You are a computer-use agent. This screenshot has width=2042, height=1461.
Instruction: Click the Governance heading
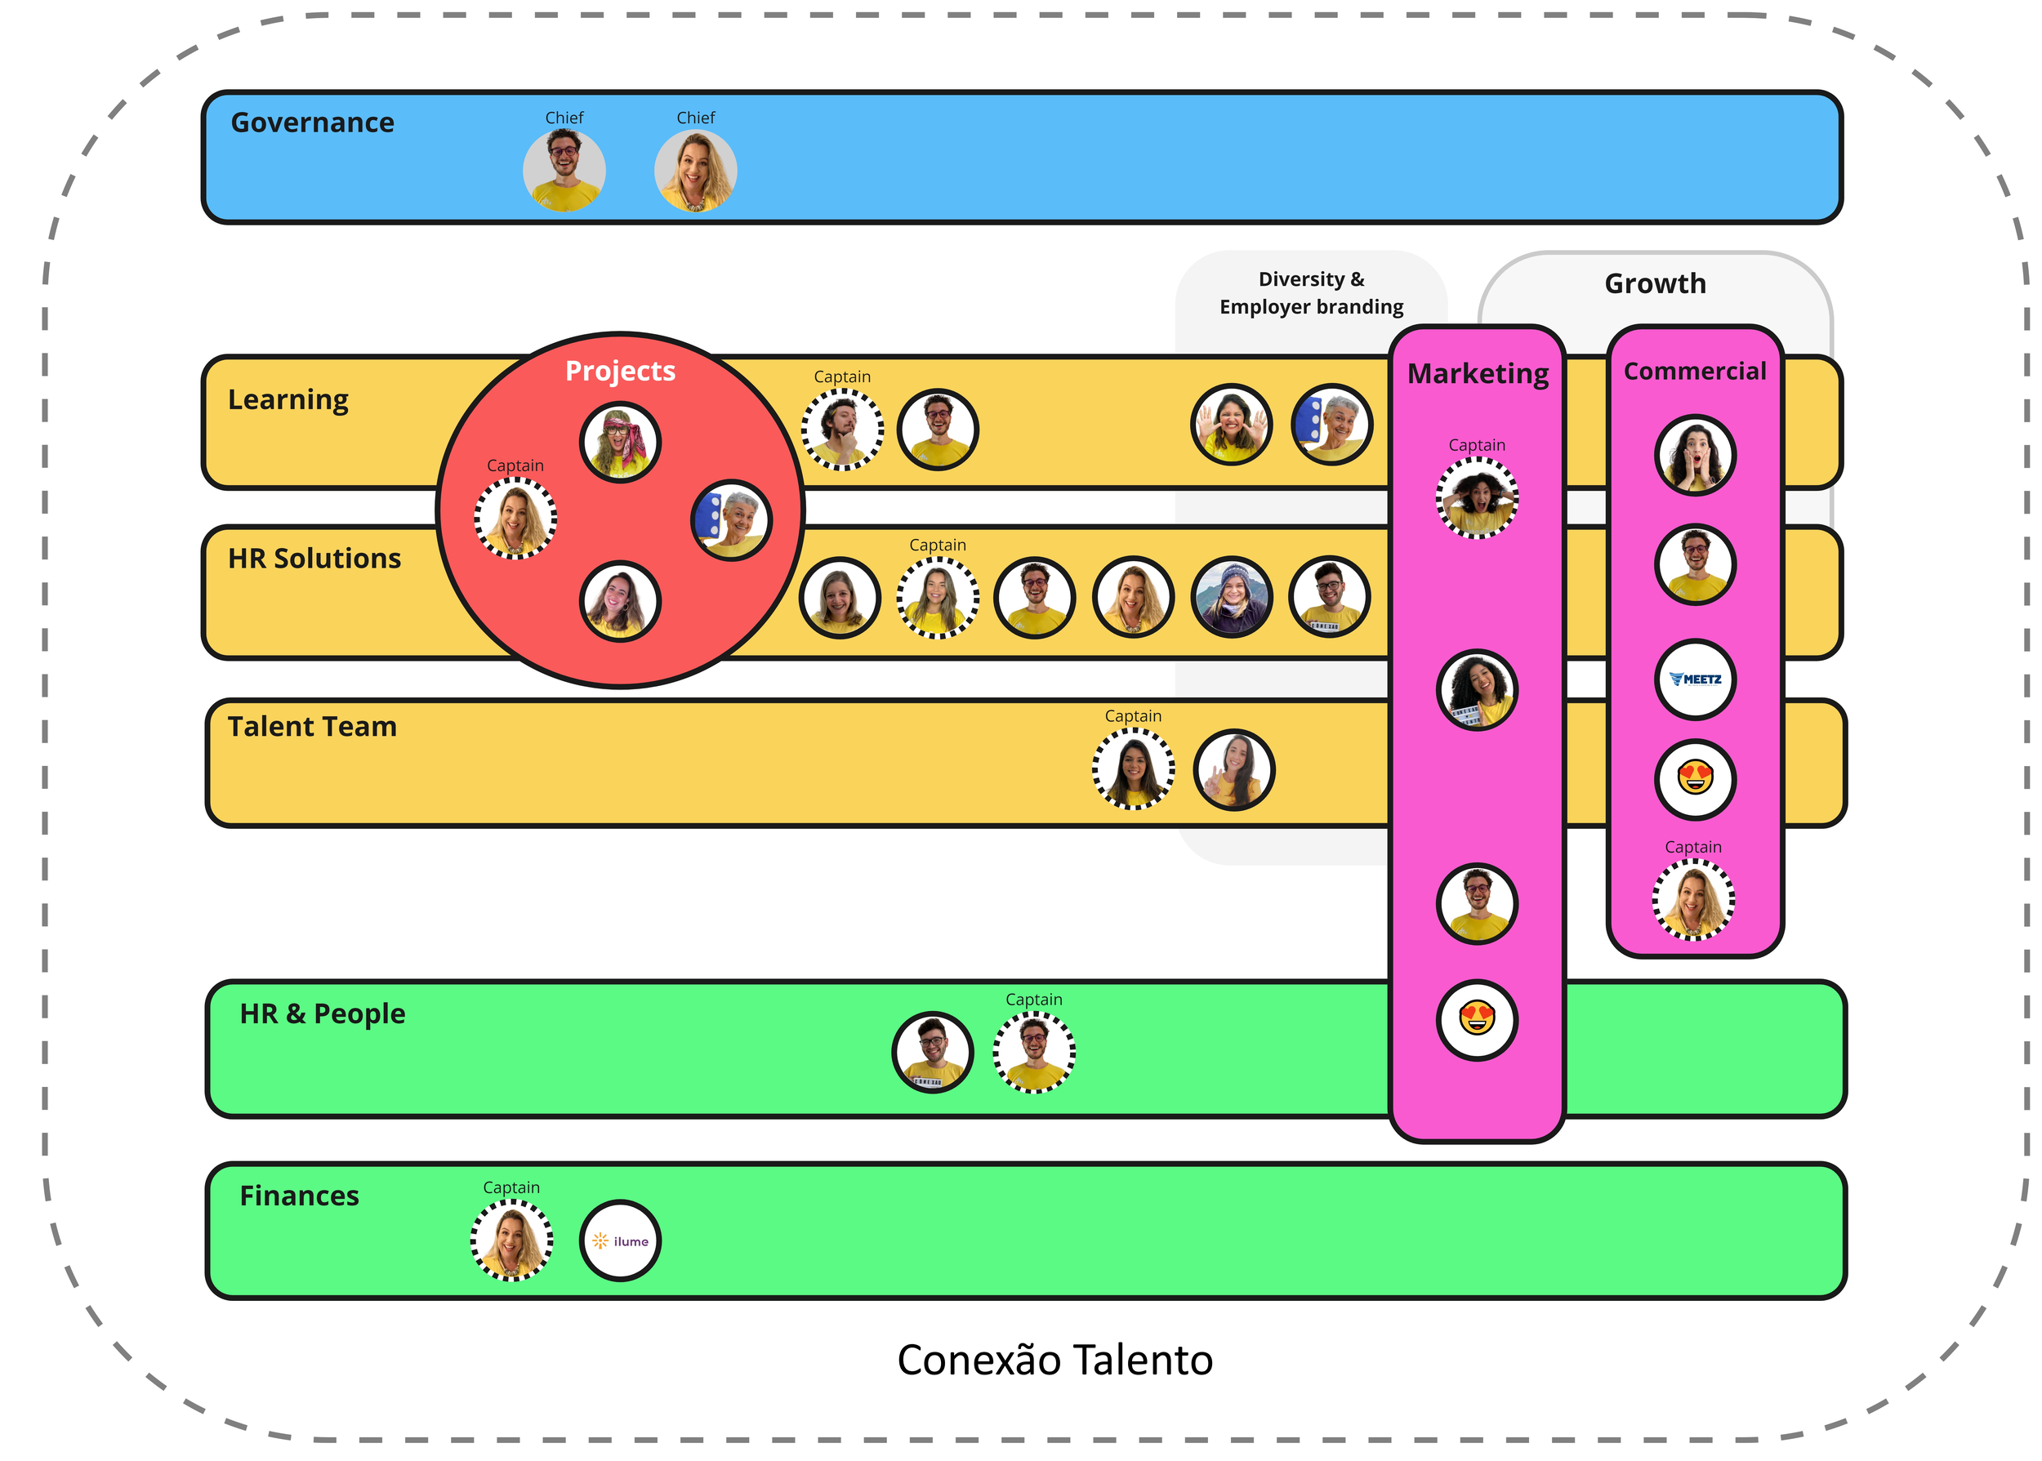coord(312,122)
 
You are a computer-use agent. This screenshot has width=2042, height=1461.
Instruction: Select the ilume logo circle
coord(620,1241)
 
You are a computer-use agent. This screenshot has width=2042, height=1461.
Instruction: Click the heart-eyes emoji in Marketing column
coord(1476,1019)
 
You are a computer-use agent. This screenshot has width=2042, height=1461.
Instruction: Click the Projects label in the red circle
coord(620,371)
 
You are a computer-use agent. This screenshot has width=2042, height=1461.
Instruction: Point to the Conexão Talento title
coord(1054,1360)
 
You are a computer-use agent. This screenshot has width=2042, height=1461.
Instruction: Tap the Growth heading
coord(1654,283)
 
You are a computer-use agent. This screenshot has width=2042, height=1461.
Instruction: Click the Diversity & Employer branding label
coord(1311,293)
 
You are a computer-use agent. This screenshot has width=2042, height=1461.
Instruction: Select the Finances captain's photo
coord(511,1240)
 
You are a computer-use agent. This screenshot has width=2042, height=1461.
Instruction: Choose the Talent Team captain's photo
coord(1133,769)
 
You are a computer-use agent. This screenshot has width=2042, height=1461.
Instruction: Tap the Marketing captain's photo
coord(1476,497)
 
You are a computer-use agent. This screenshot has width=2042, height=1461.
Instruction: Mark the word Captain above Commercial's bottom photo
coord(1692,847)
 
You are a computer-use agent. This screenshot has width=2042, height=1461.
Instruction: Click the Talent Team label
coord(311,726)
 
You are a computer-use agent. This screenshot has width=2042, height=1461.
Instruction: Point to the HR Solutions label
coord(314,559)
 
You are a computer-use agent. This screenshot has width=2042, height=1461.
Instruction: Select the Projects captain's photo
coord(515,519)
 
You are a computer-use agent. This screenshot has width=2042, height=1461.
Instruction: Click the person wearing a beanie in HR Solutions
coord(1232,596)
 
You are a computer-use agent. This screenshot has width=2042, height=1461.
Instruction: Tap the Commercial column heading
coord(1694,371)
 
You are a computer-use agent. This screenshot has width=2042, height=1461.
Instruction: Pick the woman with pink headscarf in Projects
coord(620,442)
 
